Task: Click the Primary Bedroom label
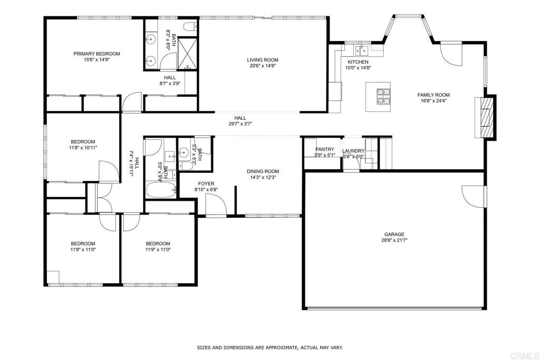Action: (x=97, y=54)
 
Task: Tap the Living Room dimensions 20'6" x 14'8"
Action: (x=263, y=66)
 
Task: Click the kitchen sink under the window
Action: (x=362, y=51)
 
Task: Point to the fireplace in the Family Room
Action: (x=486, y=118)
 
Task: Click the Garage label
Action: (x=394, y=235)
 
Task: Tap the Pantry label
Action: (x=325, y=149)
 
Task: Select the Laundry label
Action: (x=353, y=151)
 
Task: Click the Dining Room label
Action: (x=263, y=171)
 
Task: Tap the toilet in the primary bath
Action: (x=190, y=26)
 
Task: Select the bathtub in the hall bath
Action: (x=161, y=190)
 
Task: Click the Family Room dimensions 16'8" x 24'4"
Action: (x=433, y=101)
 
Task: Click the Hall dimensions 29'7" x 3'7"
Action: (x=240, y=124)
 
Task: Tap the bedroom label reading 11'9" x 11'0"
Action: (x=158, y=250)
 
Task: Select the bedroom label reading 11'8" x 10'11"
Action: (x=83, y=148)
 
